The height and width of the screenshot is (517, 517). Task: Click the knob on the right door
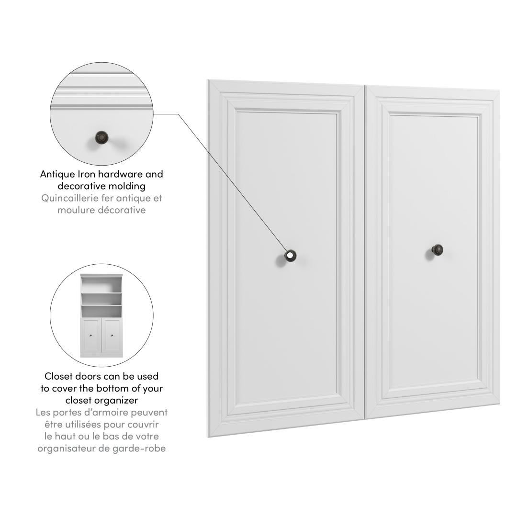pos(437,250)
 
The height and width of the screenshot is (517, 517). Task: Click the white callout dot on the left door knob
pos(290,255)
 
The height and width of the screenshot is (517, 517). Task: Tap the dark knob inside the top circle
pos(101,137)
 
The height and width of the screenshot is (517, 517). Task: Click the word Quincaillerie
pos(69,198)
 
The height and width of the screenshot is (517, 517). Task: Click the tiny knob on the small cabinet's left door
pos(91,336)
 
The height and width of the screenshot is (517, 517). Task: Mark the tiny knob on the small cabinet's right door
pos(112,336)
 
